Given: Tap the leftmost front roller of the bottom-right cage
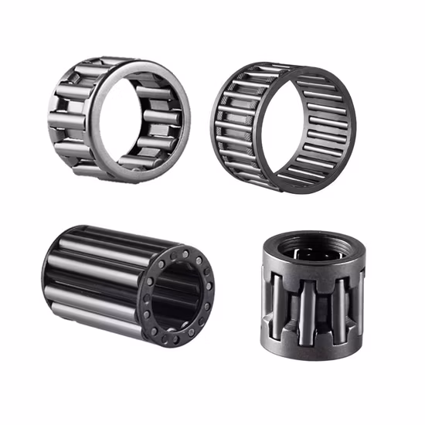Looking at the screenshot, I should coord(274,301).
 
